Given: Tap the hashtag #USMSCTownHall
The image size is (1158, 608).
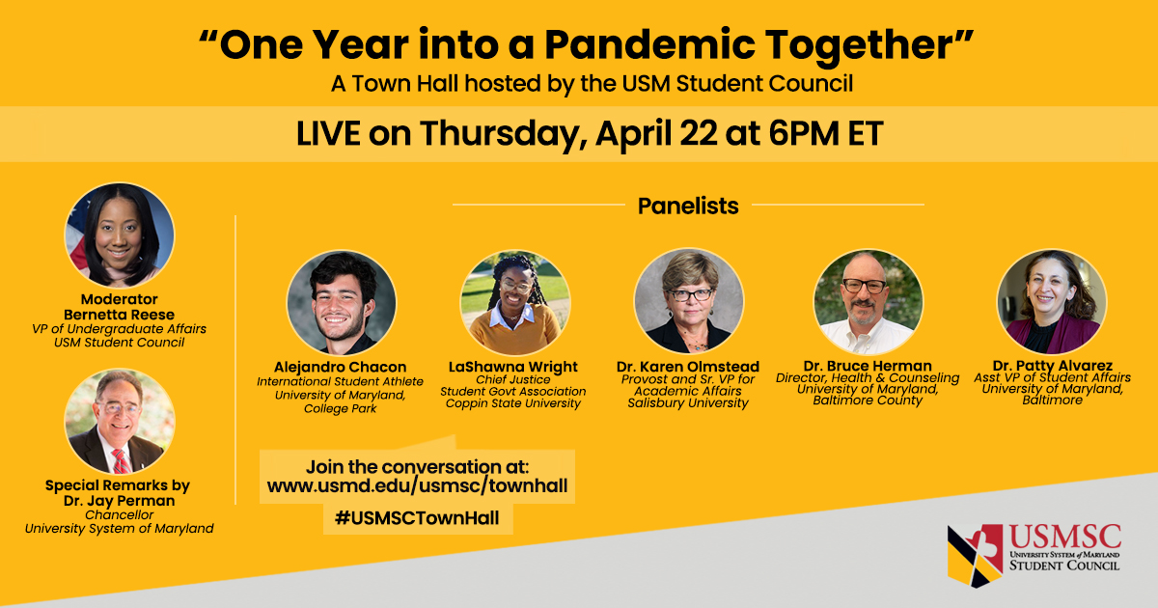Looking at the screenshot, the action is (x=417, y=517).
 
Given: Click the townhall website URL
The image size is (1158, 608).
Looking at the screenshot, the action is (x=417, y=486).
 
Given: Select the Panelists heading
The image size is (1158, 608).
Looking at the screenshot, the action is (x=688, y=206).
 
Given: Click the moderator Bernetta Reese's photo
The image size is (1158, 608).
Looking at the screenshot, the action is (x=120, y=235).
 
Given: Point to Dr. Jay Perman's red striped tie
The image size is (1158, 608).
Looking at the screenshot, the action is (x=121, y=461).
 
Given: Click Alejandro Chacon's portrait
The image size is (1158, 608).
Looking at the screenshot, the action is (x=342, y=303).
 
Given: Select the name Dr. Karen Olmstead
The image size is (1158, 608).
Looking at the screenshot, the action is (x=687, y=367).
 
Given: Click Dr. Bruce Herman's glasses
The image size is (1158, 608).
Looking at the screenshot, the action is (x=864, y=286).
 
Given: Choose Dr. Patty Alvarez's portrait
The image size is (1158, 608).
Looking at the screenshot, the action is (x=1052, y=302).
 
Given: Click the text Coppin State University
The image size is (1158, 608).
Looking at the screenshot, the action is (x=512, y=403).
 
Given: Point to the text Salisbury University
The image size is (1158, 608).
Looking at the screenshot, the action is (x=687, y=402).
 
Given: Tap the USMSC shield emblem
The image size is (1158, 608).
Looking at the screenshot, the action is (x=975, y=555).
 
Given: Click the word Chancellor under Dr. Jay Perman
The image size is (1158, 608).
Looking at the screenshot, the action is (x=120, y=515).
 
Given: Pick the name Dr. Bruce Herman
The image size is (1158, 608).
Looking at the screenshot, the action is (x=868, y=366).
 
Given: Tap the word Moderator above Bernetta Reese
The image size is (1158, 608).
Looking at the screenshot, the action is (x=120, y=299).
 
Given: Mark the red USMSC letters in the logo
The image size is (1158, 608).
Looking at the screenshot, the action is (x=1065, y=538).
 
